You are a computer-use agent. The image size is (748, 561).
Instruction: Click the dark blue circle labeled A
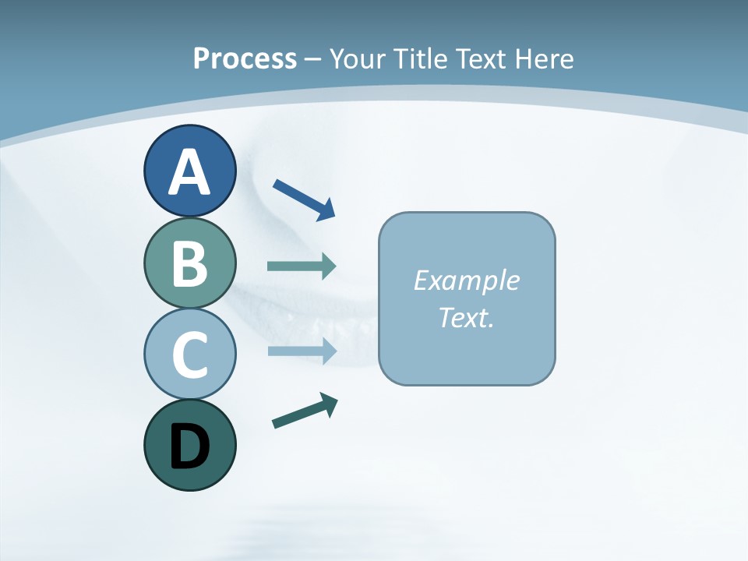coord(189,171)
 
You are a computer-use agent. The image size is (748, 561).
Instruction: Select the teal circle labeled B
coord(189,263)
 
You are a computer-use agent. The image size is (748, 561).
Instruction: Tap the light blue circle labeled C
coord(189,354)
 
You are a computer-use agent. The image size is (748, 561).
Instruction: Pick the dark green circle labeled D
coord(189,445)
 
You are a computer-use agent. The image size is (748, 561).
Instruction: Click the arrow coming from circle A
coord(303,198)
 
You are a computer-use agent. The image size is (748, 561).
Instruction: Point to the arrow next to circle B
coord(301,266)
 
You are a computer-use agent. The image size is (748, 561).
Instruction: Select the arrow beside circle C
coord(301,351)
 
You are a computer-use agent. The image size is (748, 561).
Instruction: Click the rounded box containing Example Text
coord(467,298)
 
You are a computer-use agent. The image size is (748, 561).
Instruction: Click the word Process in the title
coord(245,58)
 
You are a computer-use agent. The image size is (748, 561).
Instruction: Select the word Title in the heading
coord(420,58)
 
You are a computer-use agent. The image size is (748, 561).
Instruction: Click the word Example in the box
coord(466,280)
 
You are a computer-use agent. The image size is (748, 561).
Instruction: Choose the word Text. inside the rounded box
coord(466,318)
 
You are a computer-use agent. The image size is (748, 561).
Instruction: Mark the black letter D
coord(189,446)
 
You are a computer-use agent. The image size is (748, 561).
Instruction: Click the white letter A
coord(189,172)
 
